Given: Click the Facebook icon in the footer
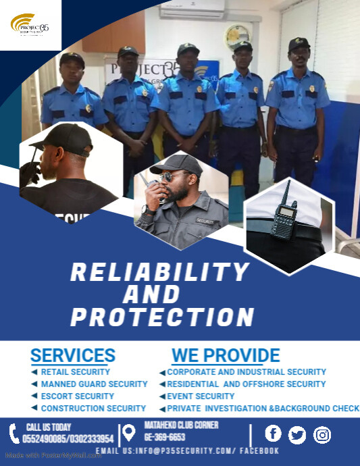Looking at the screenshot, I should (x=273, y=434).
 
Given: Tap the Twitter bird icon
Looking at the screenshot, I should (x=297, y=435).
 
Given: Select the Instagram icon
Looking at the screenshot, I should (x=323, y=435).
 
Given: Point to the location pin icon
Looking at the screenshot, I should (x=128, y=433).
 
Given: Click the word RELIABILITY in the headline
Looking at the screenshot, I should (x=160, y=273).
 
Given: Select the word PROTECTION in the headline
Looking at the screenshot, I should (x=162, y=317).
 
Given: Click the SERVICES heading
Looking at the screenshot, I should (x=73, y=355).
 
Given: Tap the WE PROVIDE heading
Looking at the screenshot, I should (x=226, y=355).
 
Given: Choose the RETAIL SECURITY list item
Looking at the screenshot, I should (x=75, y=372).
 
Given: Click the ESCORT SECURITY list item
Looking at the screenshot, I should (x=77, y=396).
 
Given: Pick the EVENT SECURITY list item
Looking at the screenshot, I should (x=201, y=396).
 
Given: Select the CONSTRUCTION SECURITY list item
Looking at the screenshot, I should (x=93, y=409).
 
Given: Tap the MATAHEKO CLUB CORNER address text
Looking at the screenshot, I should (x=182, y=425).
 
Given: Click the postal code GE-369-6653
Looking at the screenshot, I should (x=165, y=437).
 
